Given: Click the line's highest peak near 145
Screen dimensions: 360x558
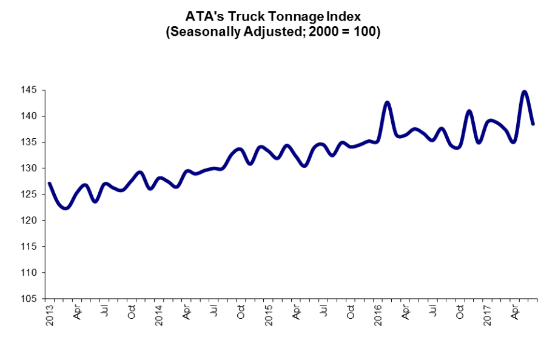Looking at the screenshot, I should click(525, 92).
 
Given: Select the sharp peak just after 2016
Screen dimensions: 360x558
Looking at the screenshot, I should click(387, 102).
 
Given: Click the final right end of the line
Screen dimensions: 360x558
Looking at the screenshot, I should click(533, 124).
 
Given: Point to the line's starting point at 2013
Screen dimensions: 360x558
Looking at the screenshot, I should click(49, 183).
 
